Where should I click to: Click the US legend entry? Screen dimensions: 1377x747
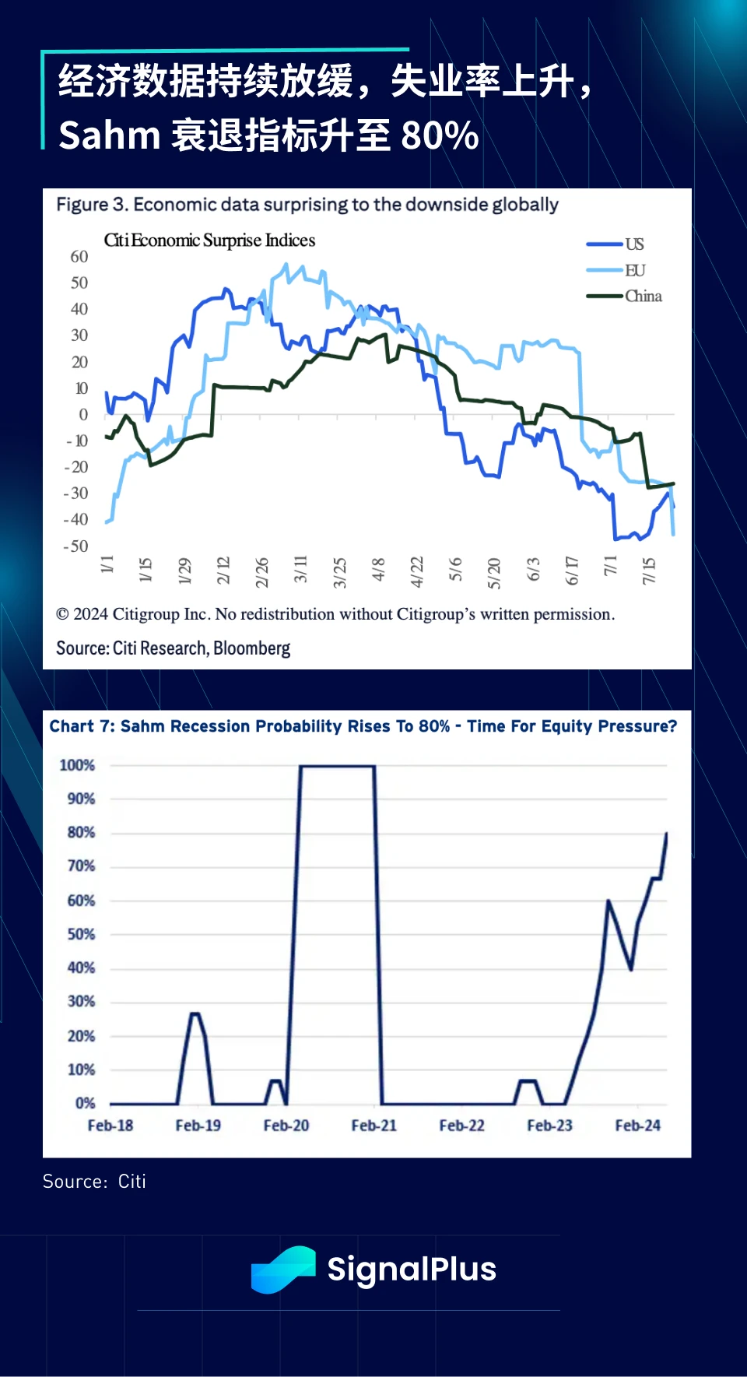[x=634, y=244]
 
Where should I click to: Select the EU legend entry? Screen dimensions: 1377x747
[x=634, y=270]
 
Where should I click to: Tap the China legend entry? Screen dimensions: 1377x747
[x=643, y=296]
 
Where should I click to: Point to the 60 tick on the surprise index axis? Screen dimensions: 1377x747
[x=79, y=257]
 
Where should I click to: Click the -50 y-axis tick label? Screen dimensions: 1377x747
[x=76, y=546]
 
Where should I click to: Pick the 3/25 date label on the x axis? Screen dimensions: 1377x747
[x=340, y=572]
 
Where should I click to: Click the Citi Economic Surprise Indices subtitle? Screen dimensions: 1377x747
[x=209, y=240]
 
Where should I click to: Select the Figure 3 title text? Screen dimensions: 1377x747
[x=307, y=205]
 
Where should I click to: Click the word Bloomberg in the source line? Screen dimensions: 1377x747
[x=251, y=648]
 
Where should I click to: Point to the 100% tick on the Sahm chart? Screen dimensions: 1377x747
[x=77, y=765]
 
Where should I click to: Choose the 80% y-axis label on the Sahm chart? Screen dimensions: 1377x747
[x=81, y=832]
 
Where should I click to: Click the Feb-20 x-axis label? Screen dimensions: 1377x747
[x=286, y=1126]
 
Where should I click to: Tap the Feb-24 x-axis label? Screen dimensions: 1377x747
[x=637, y=1126]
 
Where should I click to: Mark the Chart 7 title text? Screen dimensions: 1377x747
[x=363, y=726]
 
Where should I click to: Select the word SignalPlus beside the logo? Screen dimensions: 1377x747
[x=412, y=1270]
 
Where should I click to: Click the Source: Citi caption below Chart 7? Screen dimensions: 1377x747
[x=94, y=1182]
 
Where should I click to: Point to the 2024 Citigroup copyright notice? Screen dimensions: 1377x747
[x=335, y=614]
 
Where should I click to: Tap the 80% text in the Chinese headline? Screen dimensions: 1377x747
[x=440, y=135]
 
